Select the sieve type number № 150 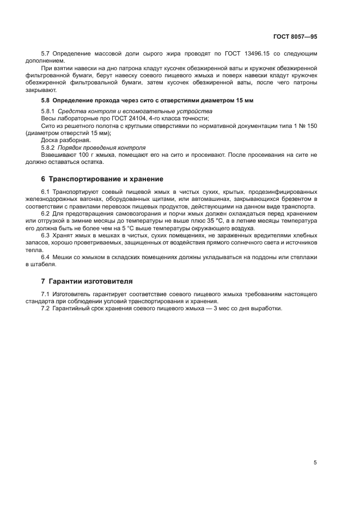tap(308, 126)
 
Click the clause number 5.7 tap(46, 54)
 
